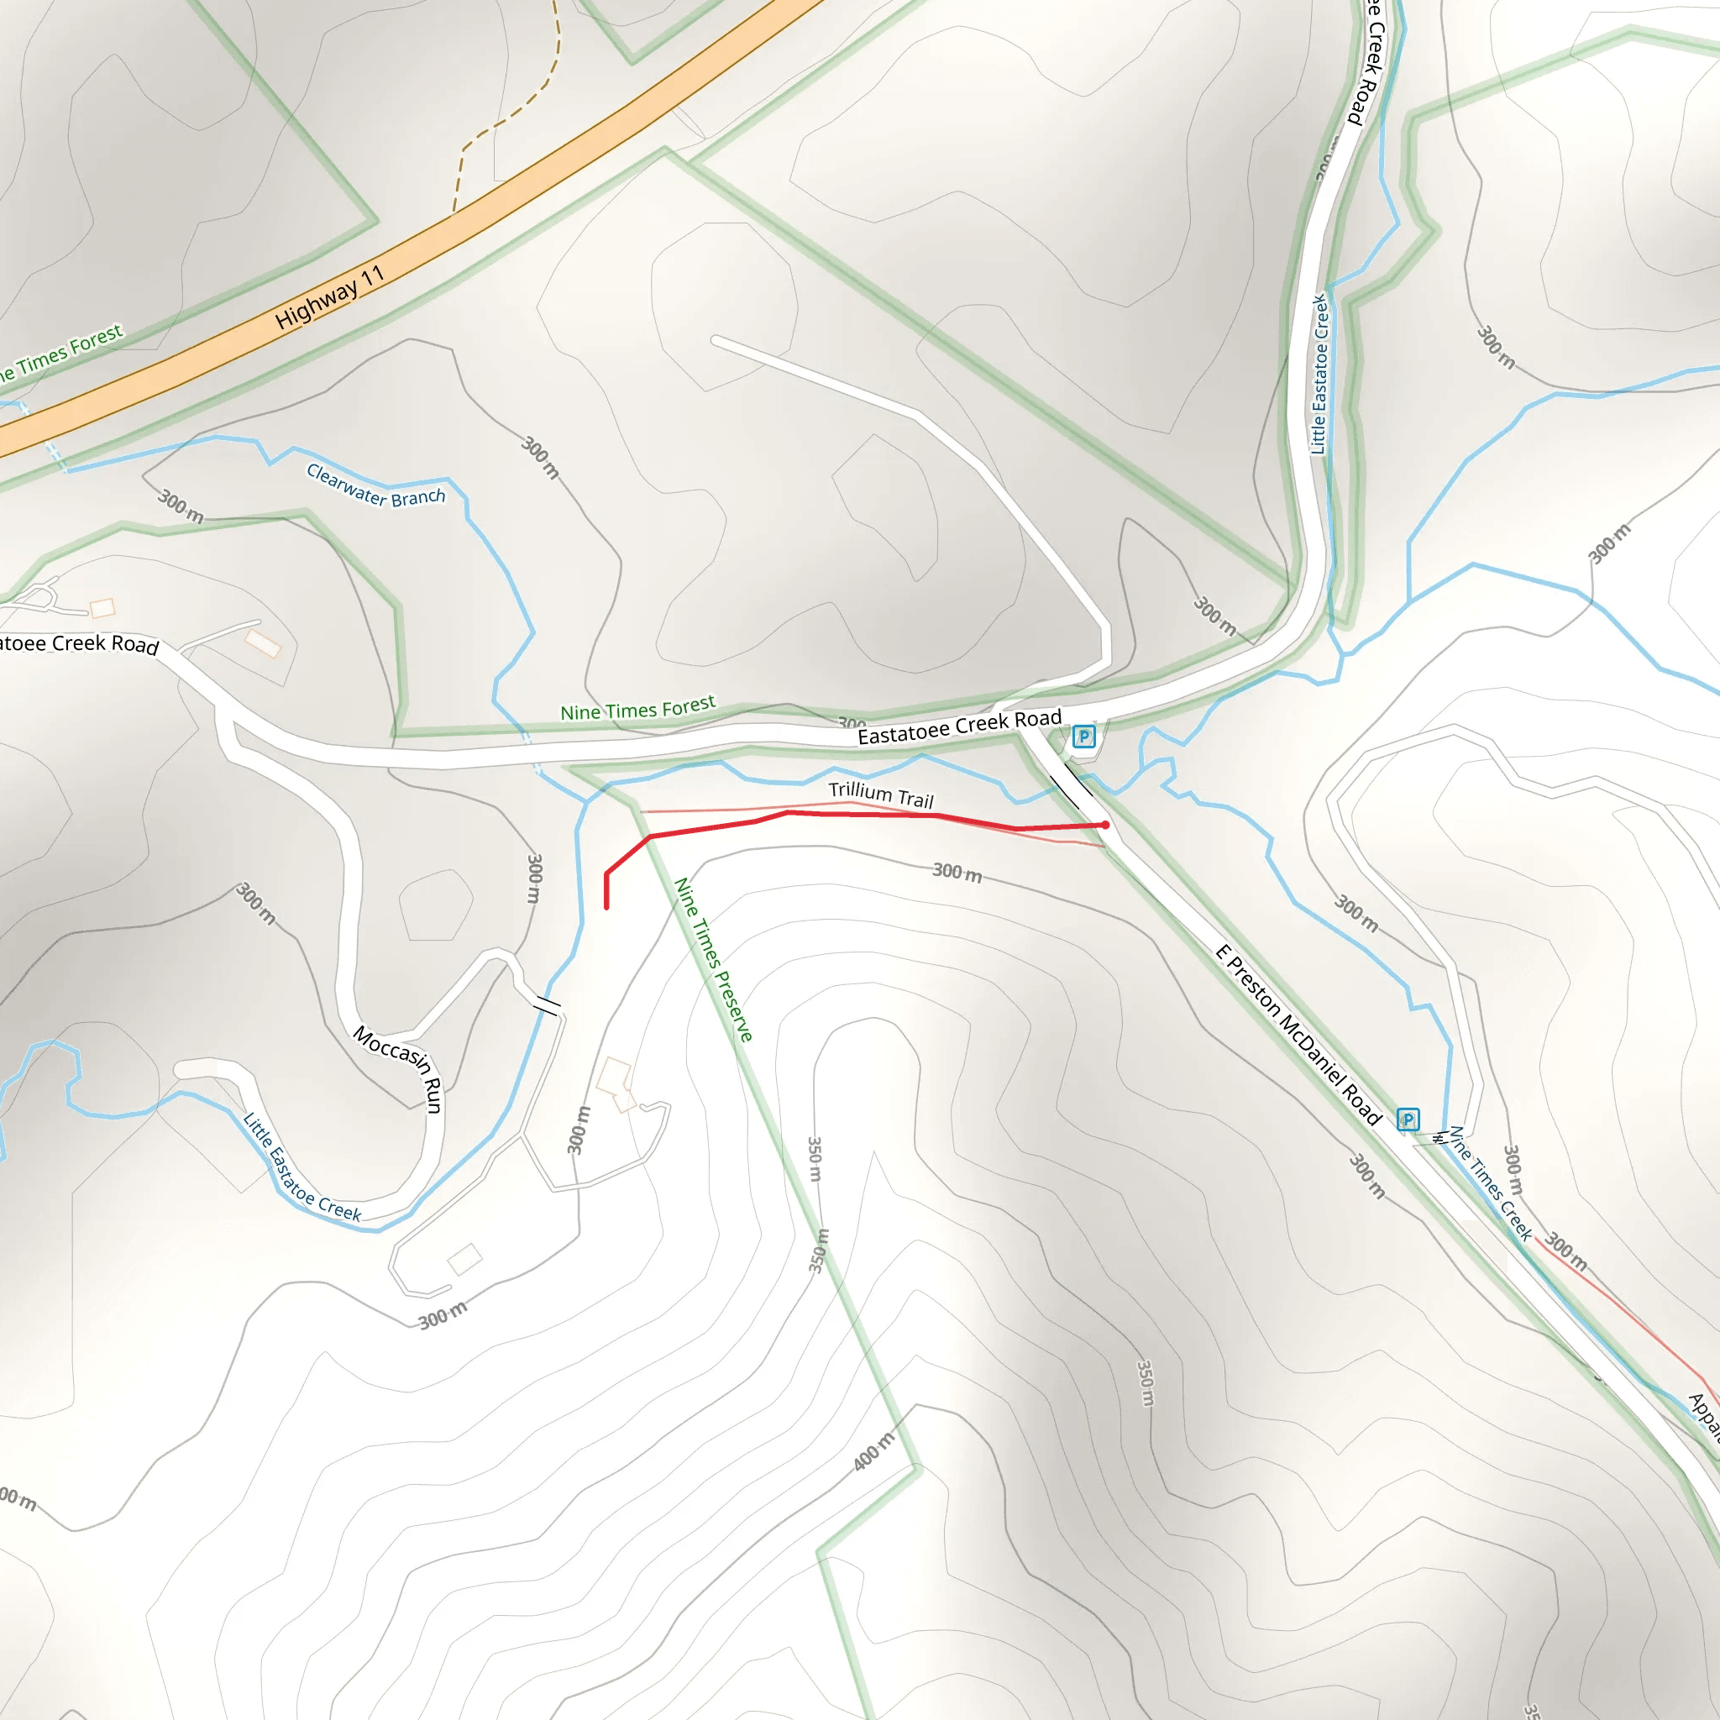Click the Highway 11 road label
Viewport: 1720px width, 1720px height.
328,297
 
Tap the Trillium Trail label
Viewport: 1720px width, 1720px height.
880,794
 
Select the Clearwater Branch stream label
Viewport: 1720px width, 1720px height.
375,485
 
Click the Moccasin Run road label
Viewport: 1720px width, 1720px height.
399,1067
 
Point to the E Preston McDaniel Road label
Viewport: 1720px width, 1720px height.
1298,1036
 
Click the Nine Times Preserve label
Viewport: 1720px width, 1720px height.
713,959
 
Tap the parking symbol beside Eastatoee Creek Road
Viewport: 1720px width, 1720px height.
1083,737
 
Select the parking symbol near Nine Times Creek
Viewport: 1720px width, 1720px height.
1408,1119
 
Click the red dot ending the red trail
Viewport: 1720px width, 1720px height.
1106,826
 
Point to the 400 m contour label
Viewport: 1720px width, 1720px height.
873,1452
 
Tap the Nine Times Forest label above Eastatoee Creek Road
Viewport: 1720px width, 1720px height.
637,709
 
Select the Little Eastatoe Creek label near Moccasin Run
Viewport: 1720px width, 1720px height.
302,1167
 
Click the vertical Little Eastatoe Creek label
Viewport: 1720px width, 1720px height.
1319,374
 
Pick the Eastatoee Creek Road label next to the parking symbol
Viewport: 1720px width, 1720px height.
959,726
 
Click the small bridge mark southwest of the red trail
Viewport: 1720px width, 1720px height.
547,1006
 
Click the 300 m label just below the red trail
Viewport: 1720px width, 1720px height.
957,873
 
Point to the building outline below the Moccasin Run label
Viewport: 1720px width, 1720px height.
464,1259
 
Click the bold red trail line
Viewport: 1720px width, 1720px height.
855,815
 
